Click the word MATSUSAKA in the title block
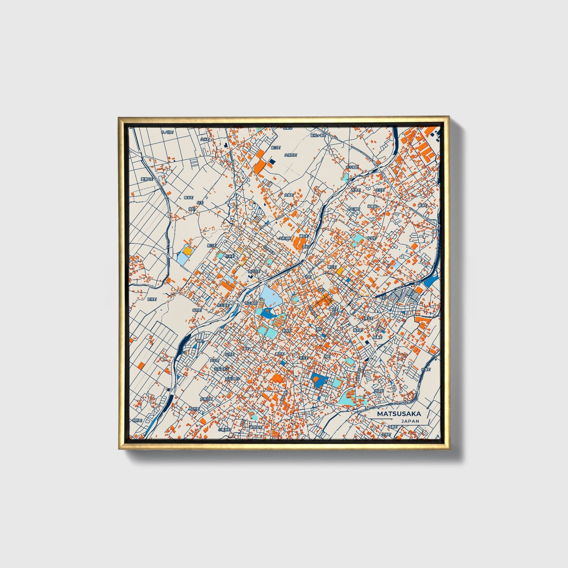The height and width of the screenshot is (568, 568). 399,414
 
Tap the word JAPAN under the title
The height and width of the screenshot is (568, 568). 410,421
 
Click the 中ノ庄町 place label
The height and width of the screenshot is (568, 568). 167,132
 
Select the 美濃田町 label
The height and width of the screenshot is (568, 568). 147,179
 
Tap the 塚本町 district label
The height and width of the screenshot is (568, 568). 189,198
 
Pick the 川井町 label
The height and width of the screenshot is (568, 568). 230,256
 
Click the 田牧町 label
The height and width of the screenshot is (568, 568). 152,299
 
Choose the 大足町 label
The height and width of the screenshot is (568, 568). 214,360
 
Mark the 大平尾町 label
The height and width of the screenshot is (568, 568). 352,167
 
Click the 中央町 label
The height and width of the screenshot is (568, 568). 371,238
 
